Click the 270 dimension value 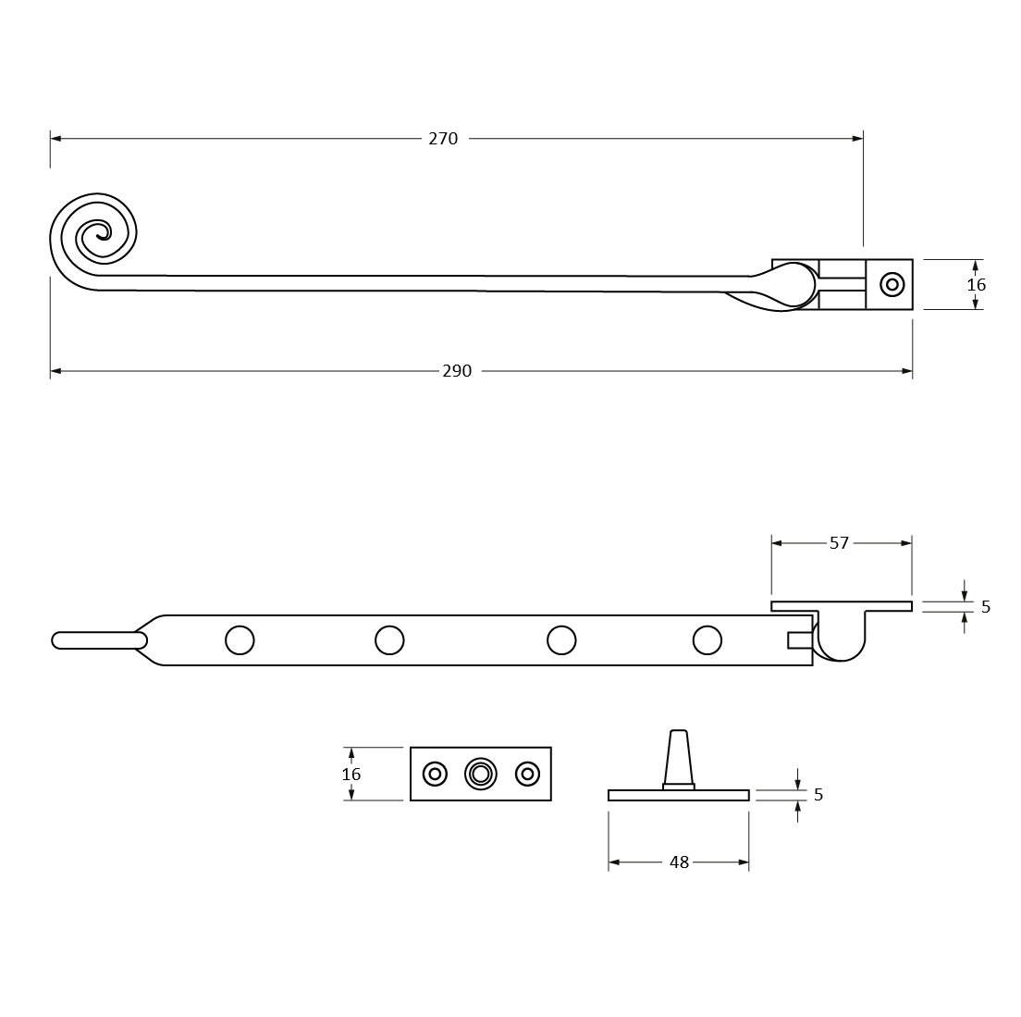pos(443,139)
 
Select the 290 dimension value pos(457,371)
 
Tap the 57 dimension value pos(840,542)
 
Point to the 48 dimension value pos(679,862)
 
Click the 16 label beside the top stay pos(976,285)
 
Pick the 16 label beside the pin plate pos(351,774)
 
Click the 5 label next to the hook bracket pos(986,607)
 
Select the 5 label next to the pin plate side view pos(818,795)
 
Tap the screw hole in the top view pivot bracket pos(892,285)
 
